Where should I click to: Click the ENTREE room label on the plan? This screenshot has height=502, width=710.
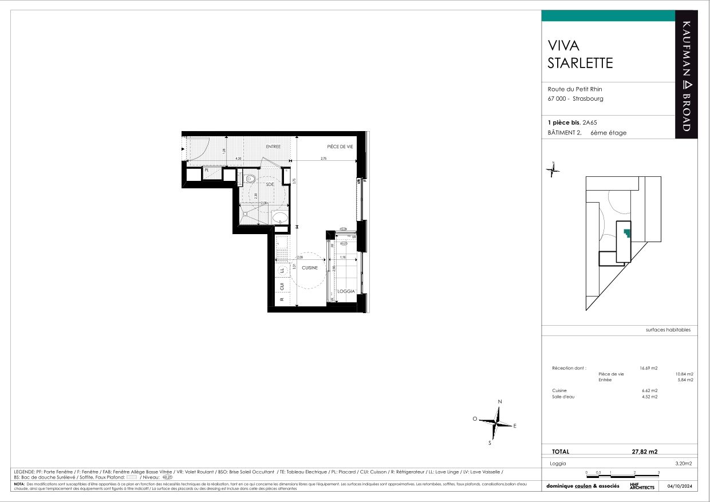(x=273, y=147)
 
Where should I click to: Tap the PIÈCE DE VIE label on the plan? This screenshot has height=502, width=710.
(x=340, y=147)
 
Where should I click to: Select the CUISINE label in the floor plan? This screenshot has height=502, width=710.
(x=310, y=267)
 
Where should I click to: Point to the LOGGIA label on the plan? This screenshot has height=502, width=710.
(x=345, y=291)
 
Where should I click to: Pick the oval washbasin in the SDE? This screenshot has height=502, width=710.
(x=280, y=218)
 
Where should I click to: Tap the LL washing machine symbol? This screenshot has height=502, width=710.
(x=282, y=270)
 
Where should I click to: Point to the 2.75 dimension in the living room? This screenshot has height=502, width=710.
(x=324, y=159)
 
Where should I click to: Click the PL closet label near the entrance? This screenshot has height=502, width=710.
(x=207, y=170)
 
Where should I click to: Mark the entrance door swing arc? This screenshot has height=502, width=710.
(x=199, y=150)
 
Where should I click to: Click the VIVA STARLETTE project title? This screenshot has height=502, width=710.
(x=580, y=54)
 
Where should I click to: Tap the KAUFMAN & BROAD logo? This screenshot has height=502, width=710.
(x=687, y=74)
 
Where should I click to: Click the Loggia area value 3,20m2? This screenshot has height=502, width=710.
(x=684, y=463)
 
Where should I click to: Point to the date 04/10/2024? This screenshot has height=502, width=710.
(x=679, y=486)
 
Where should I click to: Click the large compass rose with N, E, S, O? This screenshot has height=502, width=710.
(x=496, y=423)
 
